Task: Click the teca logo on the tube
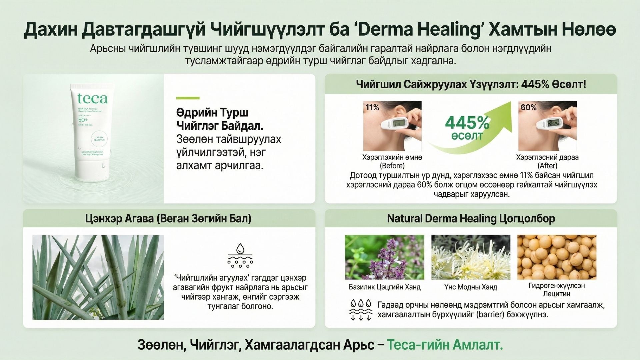(x=93, y=98)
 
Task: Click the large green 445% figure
(x=467, y=123)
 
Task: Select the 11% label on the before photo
(x=372, y=107)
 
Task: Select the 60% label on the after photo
(x=528, y=107)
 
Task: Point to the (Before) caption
(x=392, y=166)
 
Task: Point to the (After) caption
(x=547, y=166)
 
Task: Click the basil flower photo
(x=384, y=257)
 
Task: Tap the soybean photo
(x=557, y=257)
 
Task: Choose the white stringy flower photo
(x=471, y=257)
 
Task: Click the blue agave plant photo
(x=98, y=277)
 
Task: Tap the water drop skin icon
(x=240, y=256)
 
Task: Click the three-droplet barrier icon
(x=360, y=310)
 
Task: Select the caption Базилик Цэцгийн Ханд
(x=384, y=287)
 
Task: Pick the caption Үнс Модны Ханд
(x=471, y=287)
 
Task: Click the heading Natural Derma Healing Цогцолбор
(x=471, y=219)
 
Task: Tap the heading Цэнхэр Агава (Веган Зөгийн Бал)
(x=168, y=219)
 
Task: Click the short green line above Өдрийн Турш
(x=188, y=98)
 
